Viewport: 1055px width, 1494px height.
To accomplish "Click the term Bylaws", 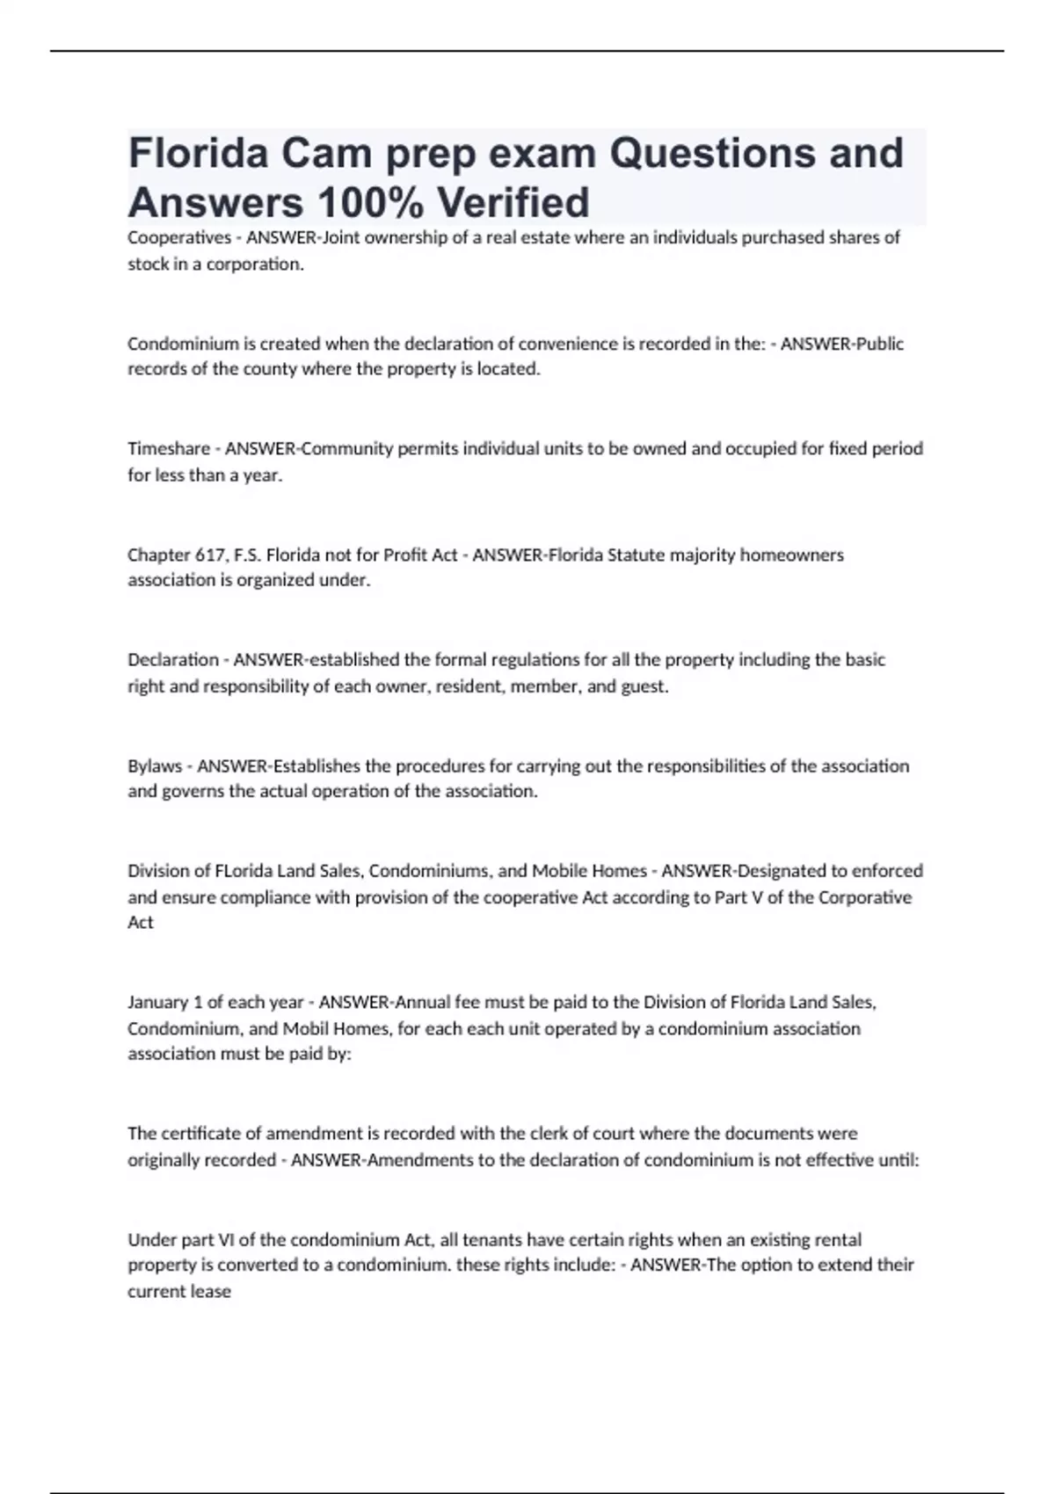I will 155,765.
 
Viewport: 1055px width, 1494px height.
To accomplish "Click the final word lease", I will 211,1292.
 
